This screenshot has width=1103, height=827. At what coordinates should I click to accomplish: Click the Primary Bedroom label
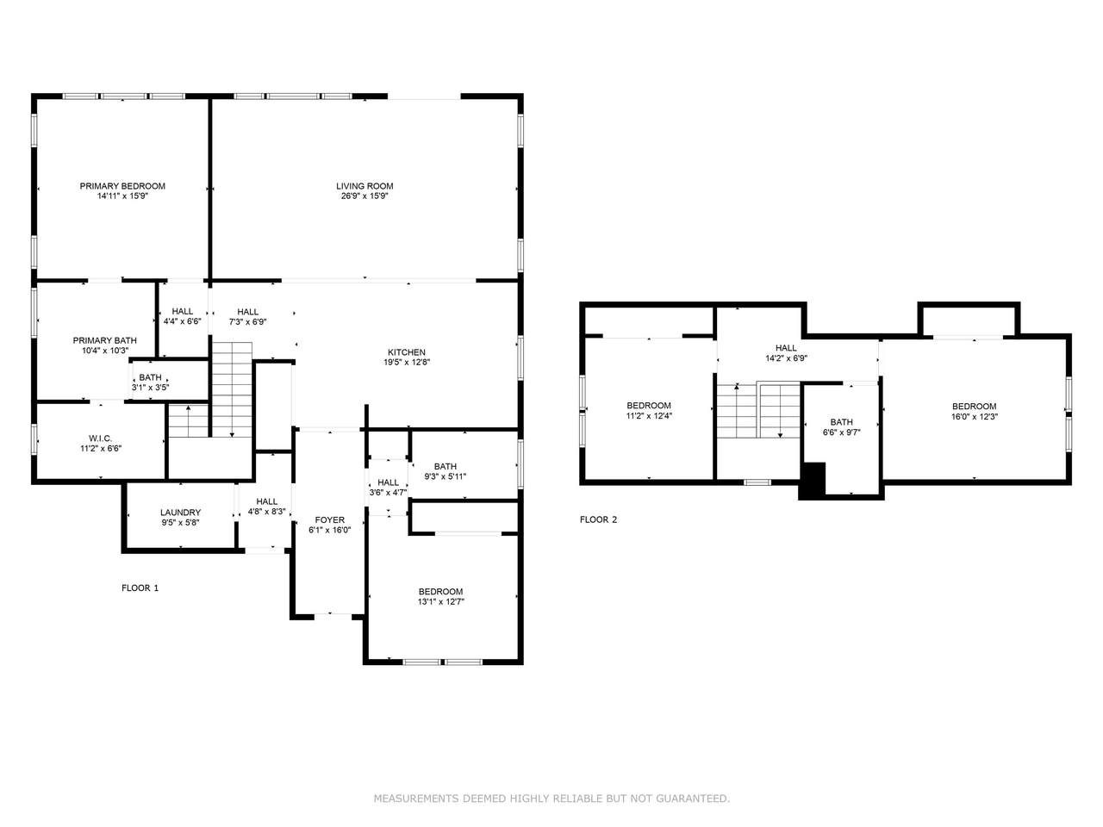tap(122, 186)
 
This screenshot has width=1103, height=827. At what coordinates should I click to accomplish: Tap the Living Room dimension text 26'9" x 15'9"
tap(365, 196)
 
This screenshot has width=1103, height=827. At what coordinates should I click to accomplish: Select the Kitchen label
tap(406, 352)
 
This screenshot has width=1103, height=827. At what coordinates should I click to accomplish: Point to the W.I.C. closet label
tap(101, 438)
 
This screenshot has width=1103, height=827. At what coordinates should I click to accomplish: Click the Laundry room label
tap(180, 513)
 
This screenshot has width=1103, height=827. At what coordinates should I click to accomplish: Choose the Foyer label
tap(330, 519)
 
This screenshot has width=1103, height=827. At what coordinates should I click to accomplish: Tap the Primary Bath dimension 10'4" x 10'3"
tap(105, 351)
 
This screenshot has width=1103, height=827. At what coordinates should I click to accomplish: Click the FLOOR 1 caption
tap(140, 588)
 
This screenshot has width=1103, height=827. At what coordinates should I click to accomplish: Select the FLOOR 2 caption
tap(598, 519)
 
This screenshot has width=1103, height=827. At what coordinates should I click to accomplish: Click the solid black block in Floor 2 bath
tap(812, 481)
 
